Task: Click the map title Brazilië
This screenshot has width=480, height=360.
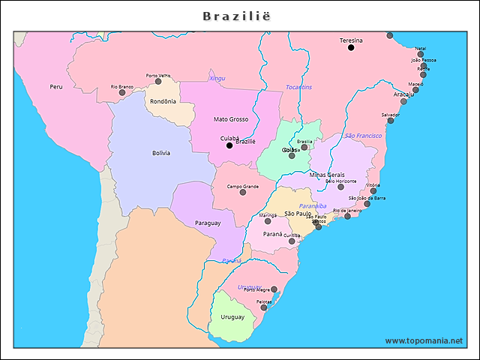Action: [x=238, y=16]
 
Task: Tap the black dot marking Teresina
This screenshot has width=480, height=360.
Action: [x=350, y=48]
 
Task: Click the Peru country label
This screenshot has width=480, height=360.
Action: [x=56, y=87]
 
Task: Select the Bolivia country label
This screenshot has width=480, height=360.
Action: [x=161, y=153]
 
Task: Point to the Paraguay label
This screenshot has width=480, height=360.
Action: [x=208, y=223]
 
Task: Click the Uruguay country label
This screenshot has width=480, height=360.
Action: [x=232, y=316]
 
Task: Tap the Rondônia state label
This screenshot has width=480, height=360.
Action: [x=163, y=101]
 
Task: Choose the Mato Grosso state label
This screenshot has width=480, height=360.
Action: [x=230, y=119]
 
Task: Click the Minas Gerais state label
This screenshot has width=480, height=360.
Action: [x=327, y=174]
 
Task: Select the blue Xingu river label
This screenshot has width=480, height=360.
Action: [x=217, y=78]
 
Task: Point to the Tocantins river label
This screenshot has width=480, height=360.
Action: [x=298, y=88]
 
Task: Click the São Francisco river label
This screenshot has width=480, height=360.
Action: [x=363, y=136]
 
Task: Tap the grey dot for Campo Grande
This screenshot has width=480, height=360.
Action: [x=242, y=193]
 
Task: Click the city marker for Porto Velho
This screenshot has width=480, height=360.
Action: [x=158, y=81]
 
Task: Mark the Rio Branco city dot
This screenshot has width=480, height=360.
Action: [x=122, y=92]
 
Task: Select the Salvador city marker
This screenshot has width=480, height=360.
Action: [x=390, y=121]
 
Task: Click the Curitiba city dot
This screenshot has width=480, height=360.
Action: [x=292, y=241]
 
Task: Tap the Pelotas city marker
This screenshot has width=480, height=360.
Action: [x=263, y=307]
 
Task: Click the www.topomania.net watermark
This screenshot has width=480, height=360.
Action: [x=424, y=340]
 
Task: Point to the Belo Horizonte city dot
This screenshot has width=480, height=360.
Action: [x=340, y=187]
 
